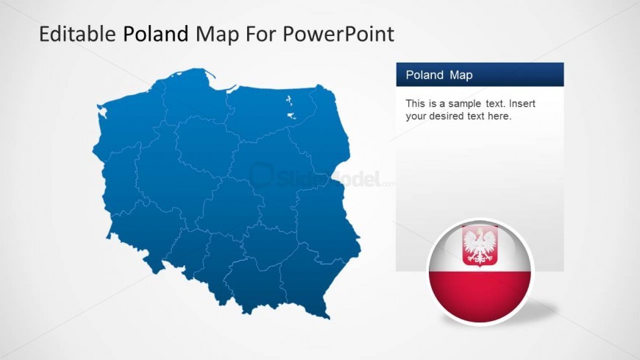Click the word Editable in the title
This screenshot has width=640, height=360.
point(77,34)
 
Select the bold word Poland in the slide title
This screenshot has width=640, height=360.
point(156,34)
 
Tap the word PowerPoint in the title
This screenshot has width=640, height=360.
point(338,34)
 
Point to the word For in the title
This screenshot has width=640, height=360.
point(260,35)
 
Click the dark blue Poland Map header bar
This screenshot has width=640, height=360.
point(480,74)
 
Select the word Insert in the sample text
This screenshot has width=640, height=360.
point(522,103)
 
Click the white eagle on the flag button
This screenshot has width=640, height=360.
point(480,246)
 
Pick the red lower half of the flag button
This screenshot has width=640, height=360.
point(480,295)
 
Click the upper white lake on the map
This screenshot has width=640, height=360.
point(289,99)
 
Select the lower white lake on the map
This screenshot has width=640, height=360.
point(291,116)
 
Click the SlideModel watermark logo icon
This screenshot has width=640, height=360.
point(262,174)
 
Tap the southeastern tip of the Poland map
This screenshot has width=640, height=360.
point(328,317)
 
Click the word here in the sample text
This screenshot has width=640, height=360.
point(499,116)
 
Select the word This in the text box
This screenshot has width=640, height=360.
point(414,103)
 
